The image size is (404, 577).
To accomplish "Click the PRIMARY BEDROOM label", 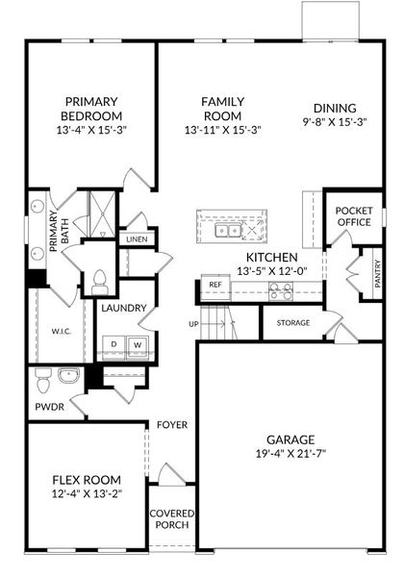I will coord(91,109).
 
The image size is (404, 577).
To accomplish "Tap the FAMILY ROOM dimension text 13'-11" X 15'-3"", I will coord(223,130).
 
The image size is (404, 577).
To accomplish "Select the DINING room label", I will coord(335,108).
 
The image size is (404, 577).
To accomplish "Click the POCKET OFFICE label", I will coord(353,216).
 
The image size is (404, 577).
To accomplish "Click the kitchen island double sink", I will coord(227,231).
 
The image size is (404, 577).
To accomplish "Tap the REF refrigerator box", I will coord(213,285).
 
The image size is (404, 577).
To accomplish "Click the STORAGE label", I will coord(293,323).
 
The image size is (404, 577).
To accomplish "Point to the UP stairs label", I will coord(193,324).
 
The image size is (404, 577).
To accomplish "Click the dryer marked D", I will coord(113,343).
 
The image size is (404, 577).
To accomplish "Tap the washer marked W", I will coord(137,343).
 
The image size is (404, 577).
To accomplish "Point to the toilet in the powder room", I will coord(41,383).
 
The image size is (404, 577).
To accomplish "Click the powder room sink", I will coord(67,375).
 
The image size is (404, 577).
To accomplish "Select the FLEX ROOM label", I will coord(87,480).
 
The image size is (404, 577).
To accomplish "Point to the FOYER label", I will coord(172,424).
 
